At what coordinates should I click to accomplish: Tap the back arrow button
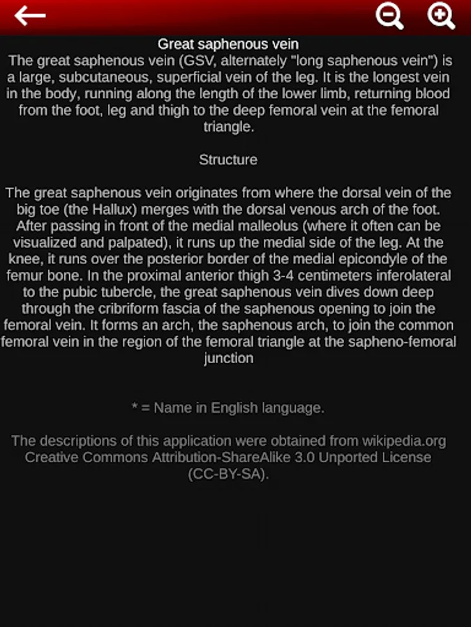coord(30,16)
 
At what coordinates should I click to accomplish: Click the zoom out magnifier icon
coord(389,16)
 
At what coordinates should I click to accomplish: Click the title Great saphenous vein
coord(228,45)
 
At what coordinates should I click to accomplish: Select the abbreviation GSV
coord(196,61)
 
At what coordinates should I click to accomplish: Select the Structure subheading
coord(228,160)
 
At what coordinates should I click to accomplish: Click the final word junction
coord(228,359)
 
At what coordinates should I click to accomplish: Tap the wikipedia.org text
coord(403,441)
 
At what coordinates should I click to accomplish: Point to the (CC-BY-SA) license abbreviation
coord(228,474)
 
